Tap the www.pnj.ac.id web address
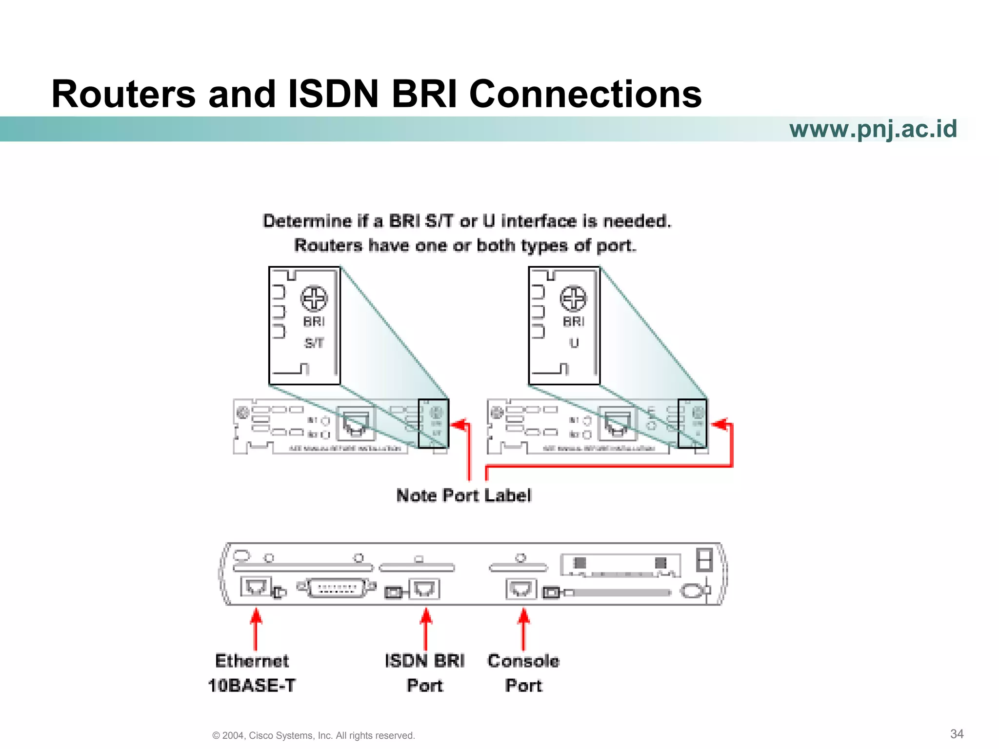pos(873,129)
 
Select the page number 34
pos(957,734)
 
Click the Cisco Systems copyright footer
pos(314,735)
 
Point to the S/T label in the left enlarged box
pos(314,343)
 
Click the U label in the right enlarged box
pos(574,343)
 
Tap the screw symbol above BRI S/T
pos(314,298)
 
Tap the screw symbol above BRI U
pos(573,298)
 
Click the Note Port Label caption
pos(463,495)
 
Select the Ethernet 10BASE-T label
pos(252,673)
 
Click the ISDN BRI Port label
pos(425,673)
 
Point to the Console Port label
pos(523,673)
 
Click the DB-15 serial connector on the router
pos(337,588)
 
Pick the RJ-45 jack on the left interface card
pos(356,423)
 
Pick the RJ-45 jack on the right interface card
pos(618,423)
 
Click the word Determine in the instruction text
pos(307,221)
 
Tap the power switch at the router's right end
pos(704,560)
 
